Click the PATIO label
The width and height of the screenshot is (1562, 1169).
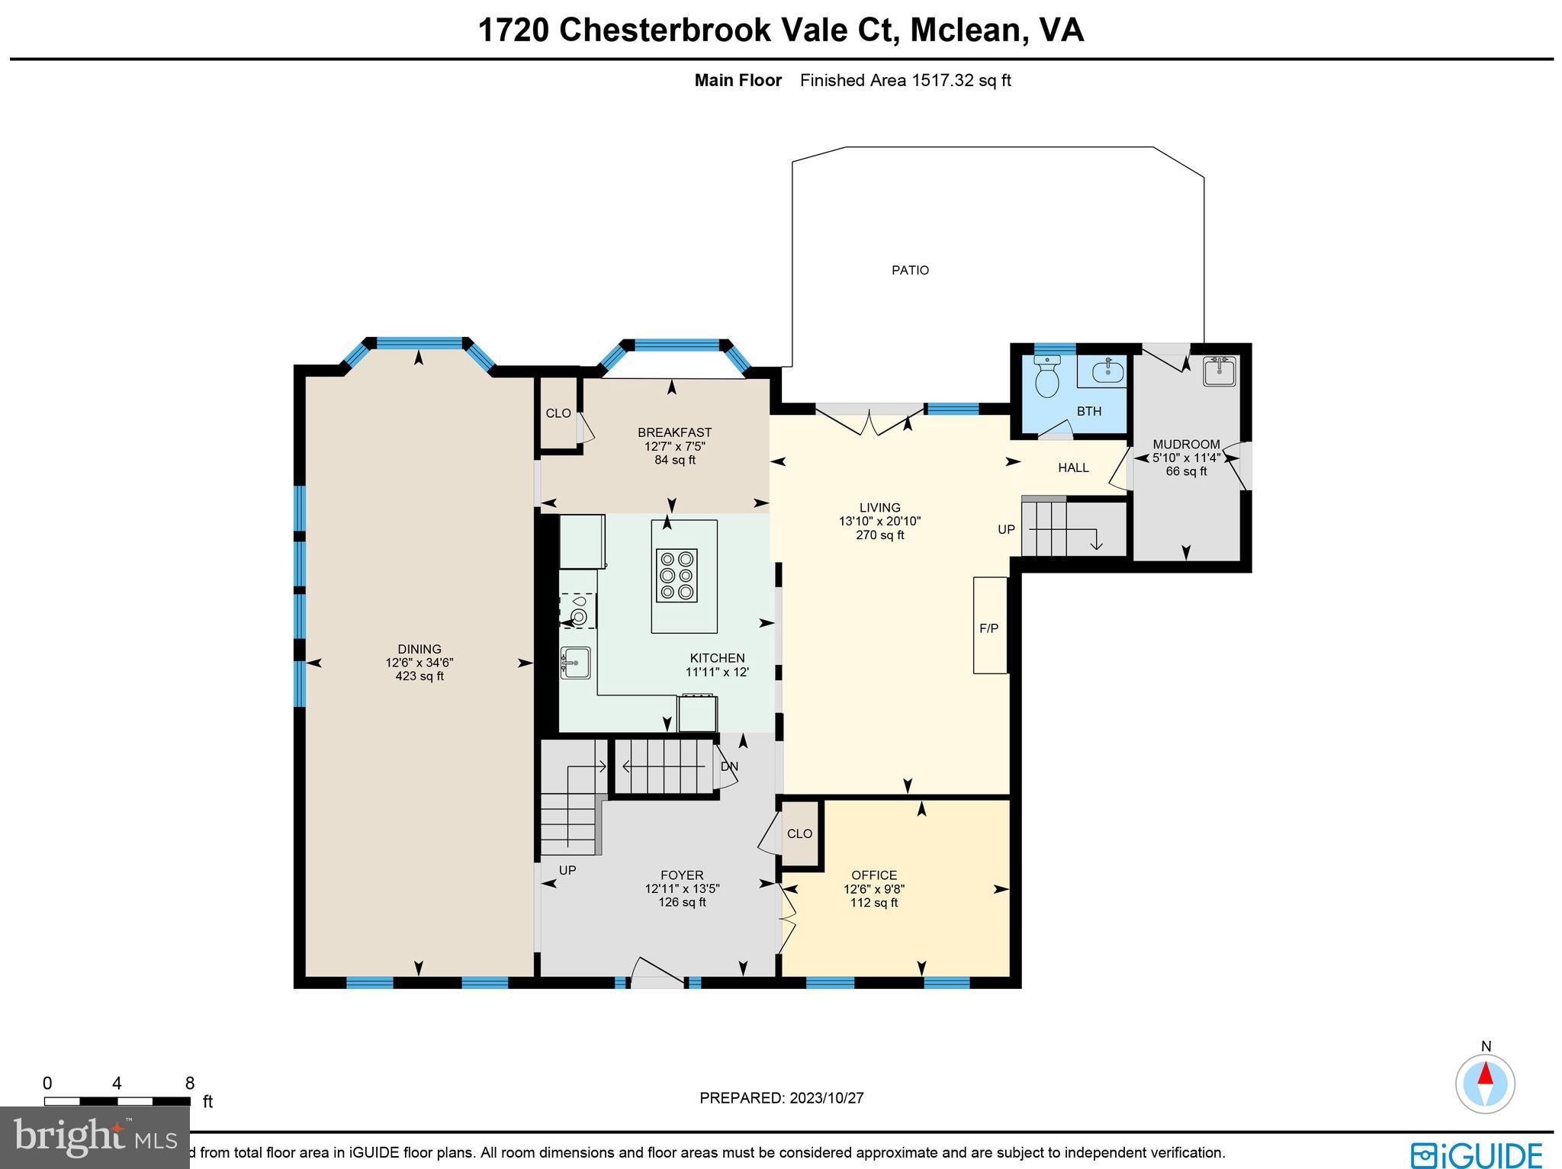(910, 270)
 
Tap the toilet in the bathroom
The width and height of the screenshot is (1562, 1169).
(1047, 377)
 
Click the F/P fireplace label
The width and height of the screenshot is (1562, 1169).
(988, 628)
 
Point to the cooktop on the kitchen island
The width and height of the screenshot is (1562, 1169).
(676, 575)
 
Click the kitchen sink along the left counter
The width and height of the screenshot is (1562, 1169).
(575, 663)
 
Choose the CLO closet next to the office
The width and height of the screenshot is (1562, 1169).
(799, 833)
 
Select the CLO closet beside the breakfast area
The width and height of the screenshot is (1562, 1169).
(558, 413)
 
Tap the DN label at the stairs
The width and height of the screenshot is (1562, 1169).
(729, 766)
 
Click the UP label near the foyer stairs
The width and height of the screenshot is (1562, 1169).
(567, 870)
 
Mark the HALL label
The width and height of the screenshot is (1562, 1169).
(1073, 467)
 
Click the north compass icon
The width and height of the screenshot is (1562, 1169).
(1484, 1084)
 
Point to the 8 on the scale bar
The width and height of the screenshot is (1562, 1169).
(189, 1084)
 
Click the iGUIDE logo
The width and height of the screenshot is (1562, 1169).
(1476, 1154)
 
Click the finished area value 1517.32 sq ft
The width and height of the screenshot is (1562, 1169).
(961, 81)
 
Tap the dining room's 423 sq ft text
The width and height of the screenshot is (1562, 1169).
(419, 676)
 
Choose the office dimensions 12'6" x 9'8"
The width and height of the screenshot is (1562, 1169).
(874, 889)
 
